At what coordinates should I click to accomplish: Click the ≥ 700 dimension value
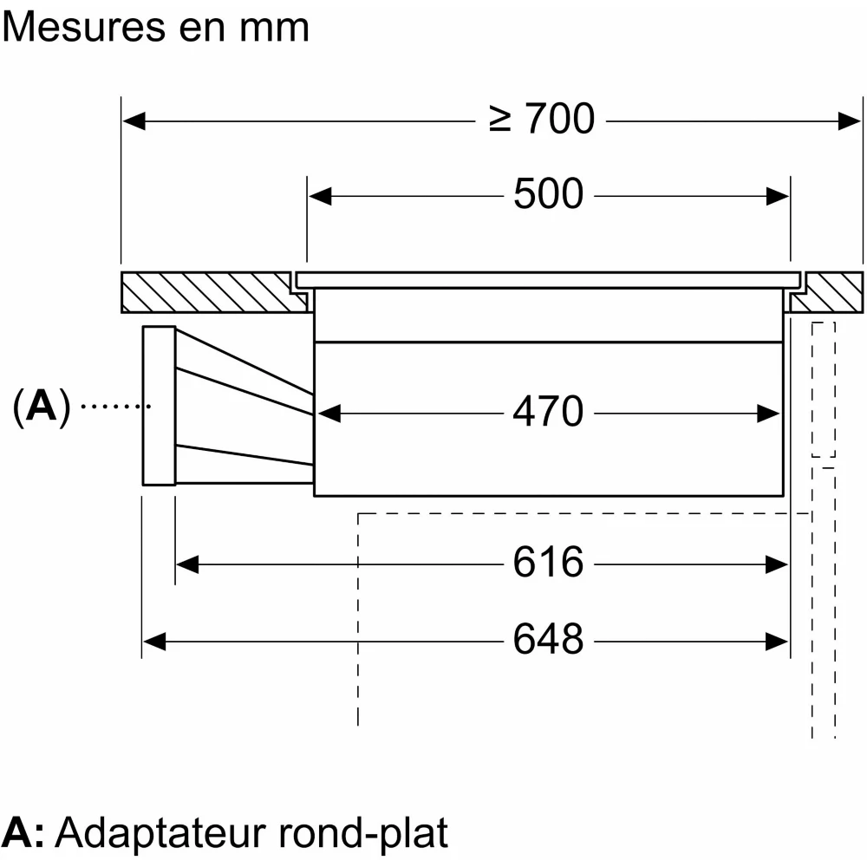point(542,120)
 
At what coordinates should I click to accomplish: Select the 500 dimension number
point(548,195)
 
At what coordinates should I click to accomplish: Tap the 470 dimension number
point(548,413)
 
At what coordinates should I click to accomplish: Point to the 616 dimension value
point(548,564)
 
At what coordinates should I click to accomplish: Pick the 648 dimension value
point(548,641)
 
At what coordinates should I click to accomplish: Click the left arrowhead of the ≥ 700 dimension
point(133,120)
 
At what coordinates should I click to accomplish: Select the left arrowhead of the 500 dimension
point(320,196)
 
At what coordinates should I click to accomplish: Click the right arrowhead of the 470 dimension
point(769,414)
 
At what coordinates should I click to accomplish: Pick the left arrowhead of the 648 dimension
point(153,642)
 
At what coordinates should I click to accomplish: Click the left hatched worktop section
point(208,292)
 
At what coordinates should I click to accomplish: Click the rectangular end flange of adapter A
point(159,405)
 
